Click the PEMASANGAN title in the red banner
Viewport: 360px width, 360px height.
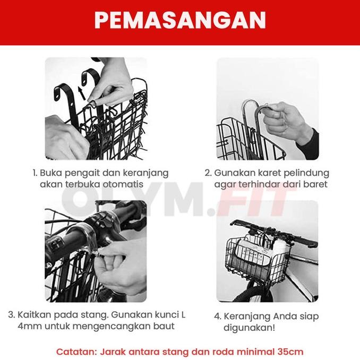point(180,20)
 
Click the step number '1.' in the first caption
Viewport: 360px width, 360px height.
point(35,173)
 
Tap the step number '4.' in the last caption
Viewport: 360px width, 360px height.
point(218,316)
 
